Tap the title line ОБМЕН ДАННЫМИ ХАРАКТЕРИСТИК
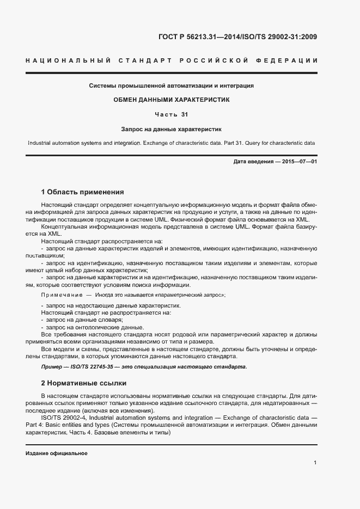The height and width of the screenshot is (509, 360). (x=172, y=100)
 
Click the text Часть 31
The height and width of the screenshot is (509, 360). (x=172, y=115)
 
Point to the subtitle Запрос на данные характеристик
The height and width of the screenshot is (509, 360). (x=172, y=130)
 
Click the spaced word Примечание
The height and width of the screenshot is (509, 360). (x=60, y=295)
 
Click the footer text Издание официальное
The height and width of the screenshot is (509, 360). (x=56, y=453)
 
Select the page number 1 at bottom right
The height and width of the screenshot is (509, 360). (x=315, y=463)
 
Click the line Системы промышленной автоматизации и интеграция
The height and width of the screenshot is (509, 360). (x=172, y=85)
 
